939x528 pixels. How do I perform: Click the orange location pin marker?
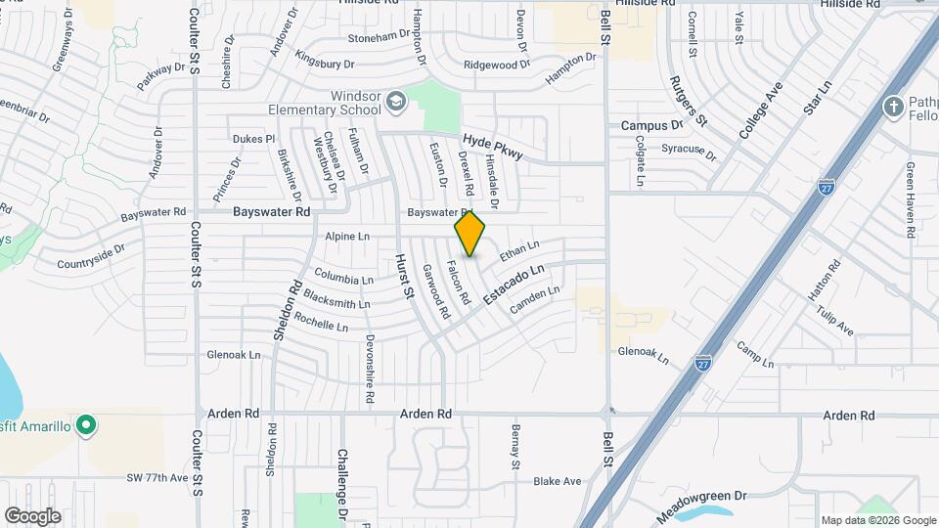(470, 234)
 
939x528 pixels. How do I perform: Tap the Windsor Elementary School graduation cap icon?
(395, 101)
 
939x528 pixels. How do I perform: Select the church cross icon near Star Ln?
(892, 108)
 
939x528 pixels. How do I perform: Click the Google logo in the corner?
(32, 515)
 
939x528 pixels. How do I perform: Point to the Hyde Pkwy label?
(493, 147)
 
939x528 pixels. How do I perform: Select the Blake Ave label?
(558, 481)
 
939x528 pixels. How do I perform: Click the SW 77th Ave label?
(156, 477)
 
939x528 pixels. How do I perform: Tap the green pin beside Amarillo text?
(86, 425)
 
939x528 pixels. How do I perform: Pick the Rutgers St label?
(688, 102)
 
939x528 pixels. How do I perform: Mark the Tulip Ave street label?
(834, 319)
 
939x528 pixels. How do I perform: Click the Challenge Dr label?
(343, 483)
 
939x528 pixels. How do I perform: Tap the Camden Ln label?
(535, 300)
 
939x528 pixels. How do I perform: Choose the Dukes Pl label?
(253, 139)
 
